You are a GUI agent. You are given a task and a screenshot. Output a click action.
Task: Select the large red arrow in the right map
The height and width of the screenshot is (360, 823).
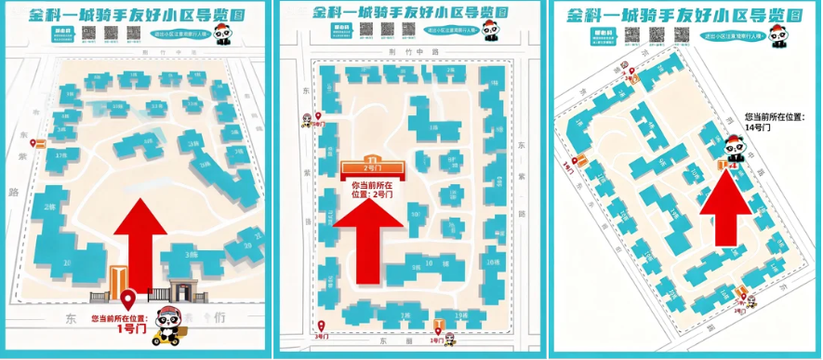coord(725,214)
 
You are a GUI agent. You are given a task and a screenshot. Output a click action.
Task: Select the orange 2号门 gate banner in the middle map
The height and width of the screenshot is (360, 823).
coord(373,167)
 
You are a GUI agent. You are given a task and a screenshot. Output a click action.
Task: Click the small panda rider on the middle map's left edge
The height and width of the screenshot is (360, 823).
coord(308,120)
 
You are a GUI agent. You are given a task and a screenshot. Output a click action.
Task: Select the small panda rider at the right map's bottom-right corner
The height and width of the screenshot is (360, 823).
coord(750,300)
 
